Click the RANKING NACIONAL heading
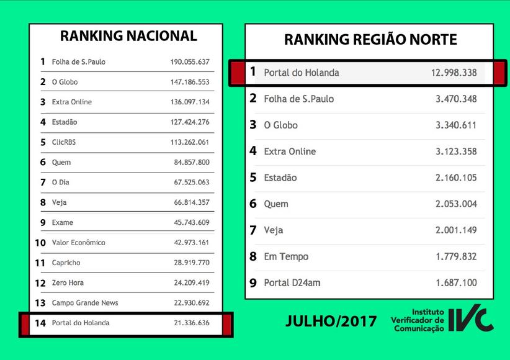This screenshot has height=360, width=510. coord(128,36)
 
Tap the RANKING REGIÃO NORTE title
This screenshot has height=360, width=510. coord(370,40)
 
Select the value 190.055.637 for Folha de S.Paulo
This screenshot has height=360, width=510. coord(190,62)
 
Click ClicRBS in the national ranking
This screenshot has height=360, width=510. coord(64,142)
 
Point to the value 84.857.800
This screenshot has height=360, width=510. coord(192,163)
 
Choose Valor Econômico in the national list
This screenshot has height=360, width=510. coord(79,243)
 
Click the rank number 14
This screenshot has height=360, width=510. coord(40,323)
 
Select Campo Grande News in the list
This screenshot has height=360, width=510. coord(85,303)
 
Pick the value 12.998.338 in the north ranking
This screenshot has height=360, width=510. coord(454,73)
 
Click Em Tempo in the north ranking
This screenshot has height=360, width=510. coord(286,256)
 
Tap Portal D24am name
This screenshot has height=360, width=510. coord(292,283)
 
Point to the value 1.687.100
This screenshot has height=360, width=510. coord(456,283)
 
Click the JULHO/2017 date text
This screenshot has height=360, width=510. coord(331,321)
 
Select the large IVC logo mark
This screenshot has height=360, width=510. coord(471,319)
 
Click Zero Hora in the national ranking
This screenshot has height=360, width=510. coord(68,283)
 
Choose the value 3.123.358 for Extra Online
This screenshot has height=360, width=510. coord(456,151)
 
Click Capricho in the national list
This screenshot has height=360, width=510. coord(66,263)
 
